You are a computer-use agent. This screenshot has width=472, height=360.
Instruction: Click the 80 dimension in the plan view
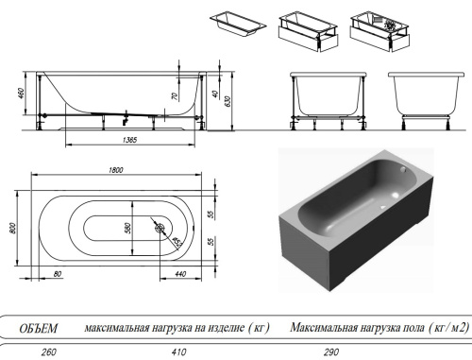tap(58, 275)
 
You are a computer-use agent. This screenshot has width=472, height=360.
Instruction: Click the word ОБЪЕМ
tap(40, 328)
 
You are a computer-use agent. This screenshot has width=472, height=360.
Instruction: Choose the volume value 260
tap(40, 351)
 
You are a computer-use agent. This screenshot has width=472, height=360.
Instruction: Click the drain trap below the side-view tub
tap(124, 119)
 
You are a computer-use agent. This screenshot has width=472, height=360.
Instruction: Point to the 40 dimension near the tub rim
tap(215, 95)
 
